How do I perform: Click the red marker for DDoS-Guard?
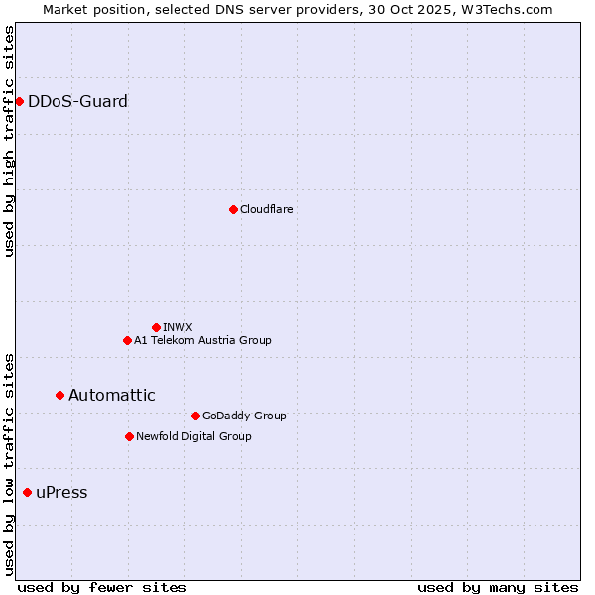[x=19, y=101]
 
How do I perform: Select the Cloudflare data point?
[x=233, y=209]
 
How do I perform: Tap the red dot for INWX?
[x=156, y=327]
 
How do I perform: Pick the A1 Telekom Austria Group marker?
[x=127, y=340]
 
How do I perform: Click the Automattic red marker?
[x=59, y=395]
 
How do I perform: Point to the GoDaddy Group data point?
[x=195, y=416]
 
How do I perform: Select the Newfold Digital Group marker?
[x=129, y=436]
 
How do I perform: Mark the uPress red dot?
[x=27, y=492]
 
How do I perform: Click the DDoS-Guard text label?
[x=77, y=101]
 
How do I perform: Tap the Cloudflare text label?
[x=266, y=209]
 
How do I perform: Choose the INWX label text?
[x=178, y=327]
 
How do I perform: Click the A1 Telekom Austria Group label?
[x=202, y=340]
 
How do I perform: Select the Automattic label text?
[x=111, y=395]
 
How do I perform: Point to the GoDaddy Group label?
[x=243, y=416]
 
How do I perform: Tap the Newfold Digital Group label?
[x=193, y=436]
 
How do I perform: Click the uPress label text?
[x=61, y=493]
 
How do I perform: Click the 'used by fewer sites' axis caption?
[x=102, y=587]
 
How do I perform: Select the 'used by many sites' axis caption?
[x=498, y=587]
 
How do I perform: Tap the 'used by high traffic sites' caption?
[x=10, y=141]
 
